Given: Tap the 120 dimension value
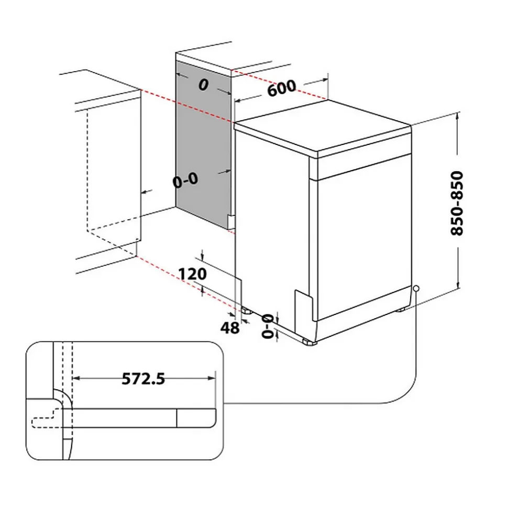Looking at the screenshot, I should click(192, 274).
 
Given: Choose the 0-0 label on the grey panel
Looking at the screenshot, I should click(185, 180).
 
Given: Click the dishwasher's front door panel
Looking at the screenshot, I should click(361, 241).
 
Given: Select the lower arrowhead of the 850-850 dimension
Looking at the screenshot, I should click(459, 286).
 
